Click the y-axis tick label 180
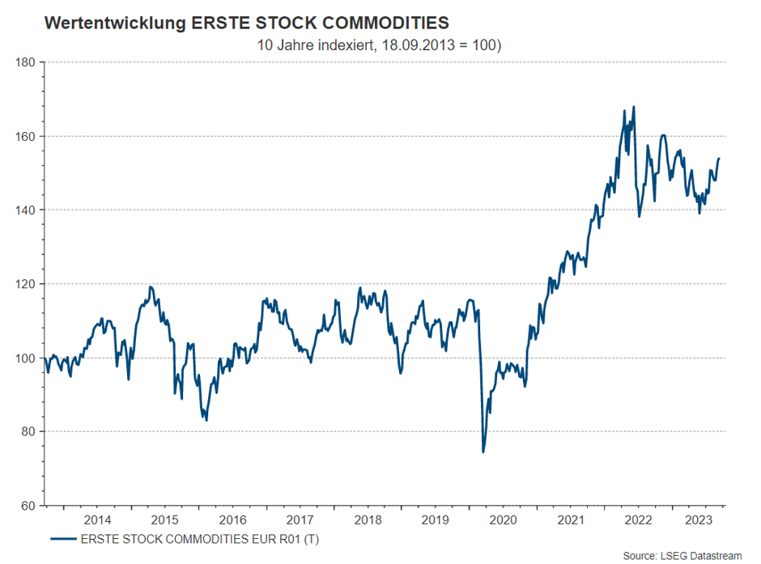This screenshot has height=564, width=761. tap(26, 61)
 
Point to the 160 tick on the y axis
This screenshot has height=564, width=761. tap(26, 136)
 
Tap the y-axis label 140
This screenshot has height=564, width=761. tap(26, 210)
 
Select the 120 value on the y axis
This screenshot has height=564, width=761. tap(26, 284)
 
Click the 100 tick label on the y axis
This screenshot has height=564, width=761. tap(26, 358)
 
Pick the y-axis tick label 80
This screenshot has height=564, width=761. tap(28, 431)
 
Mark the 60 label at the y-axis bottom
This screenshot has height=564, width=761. tap(28, 506)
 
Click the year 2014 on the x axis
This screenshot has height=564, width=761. tap(97, 519)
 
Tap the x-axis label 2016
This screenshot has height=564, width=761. tap(232, 519)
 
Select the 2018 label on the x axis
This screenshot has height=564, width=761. tap(368, 519)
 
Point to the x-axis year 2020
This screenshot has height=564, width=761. tap(504, 519)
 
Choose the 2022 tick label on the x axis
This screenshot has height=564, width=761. tap(640, 519)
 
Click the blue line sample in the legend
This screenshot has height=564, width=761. tap(62, 539)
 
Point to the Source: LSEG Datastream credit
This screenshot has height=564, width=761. tap(682, 555)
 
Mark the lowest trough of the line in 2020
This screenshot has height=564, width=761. tap(483, 452)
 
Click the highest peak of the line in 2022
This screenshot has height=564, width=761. tap(634, 107)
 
